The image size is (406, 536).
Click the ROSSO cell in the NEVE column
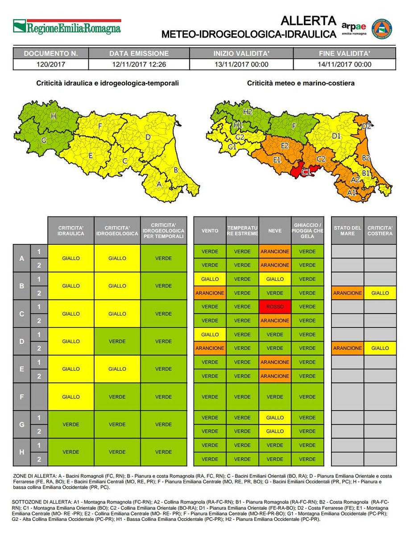click(275, 307)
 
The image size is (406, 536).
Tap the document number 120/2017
click(51, 64)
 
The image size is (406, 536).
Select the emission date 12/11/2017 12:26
click(139, 64)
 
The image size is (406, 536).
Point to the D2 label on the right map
click(366, 126)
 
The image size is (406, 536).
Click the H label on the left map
click(53, 116)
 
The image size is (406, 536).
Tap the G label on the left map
click(44, 140)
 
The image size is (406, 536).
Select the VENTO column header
click(210, 231)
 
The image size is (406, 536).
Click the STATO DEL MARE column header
click(348, 231)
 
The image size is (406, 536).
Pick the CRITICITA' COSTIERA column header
click(380, 231)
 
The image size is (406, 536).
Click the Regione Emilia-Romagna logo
click(67, 27)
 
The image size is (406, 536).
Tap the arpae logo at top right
click(354, 28)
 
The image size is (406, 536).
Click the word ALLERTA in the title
click(308, 21)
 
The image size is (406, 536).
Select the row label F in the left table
click(22, 397)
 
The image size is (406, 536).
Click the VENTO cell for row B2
click(210, 293)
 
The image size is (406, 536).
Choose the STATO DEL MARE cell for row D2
click(348, 348)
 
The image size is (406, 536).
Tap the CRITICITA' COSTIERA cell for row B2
click(380, 293)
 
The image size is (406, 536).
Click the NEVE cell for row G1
click(275, 418)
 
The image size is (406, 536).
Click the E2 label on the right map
click(286, 146)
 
